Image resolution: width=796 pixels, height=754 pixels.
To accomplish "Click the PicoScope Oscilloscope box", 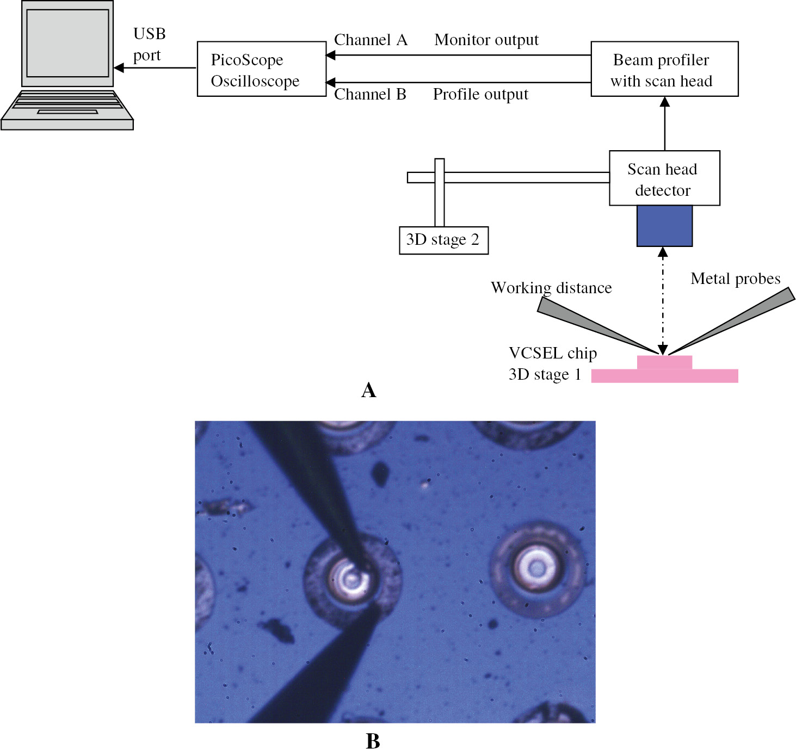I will pyautogui.click(x=261, y=69).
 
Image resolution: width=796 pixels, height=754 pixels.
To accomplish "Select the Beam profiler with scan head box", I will pyautogui.click(x=664, y=69).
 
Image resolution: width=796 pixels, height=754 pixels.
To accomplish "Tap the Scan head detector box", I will pyautogui.click(x=664, y=178).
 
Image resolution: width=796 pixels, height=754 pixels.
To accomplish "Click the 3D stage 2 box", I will pyautogui.click(x=443, y=240).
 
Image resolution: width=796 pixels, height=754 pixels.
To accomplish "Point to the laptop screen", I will pyautogui.click(x=67, y=44).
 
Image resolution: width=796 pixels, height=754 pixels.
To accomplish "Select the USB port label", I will pyautogui.click(x=149, y=44).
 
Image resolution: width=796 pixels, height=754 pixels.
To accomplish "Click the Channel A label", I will pyautogui.click(x=370, y=40).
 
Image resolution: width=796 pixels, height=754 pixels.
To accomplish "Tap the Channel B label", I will pyautogui.click(x=370, y=94).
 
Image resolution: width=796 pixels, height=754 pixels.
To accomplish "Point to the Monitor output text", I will pyautogui.click(x=486, y=40).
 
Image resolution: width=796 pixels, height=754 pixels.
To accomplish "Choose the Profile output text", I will pyautogui.click(x=480, y=94).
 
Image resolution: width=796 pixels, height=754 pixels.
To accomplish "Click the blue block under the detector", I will pyautogui.click(x=664, y=226).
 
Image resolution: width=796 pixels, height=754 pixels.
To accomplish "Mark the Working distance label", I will pyautogui.click(x=551, y=287).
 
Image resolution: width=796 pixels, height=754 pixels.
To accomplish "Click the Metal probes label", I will pyautogui.click(x=735, y=279).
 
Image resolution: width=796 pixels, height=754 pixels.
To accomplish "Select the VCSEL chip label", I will pyautogui.click(x=552, y=353).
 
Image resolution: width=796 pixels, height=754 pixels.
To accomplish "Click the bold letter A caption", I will pyautogui.click(x=368, y=390).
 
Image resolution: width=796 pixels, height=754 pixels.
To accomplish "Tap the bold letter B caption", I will pyautogui.click(x=373, y=741).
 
